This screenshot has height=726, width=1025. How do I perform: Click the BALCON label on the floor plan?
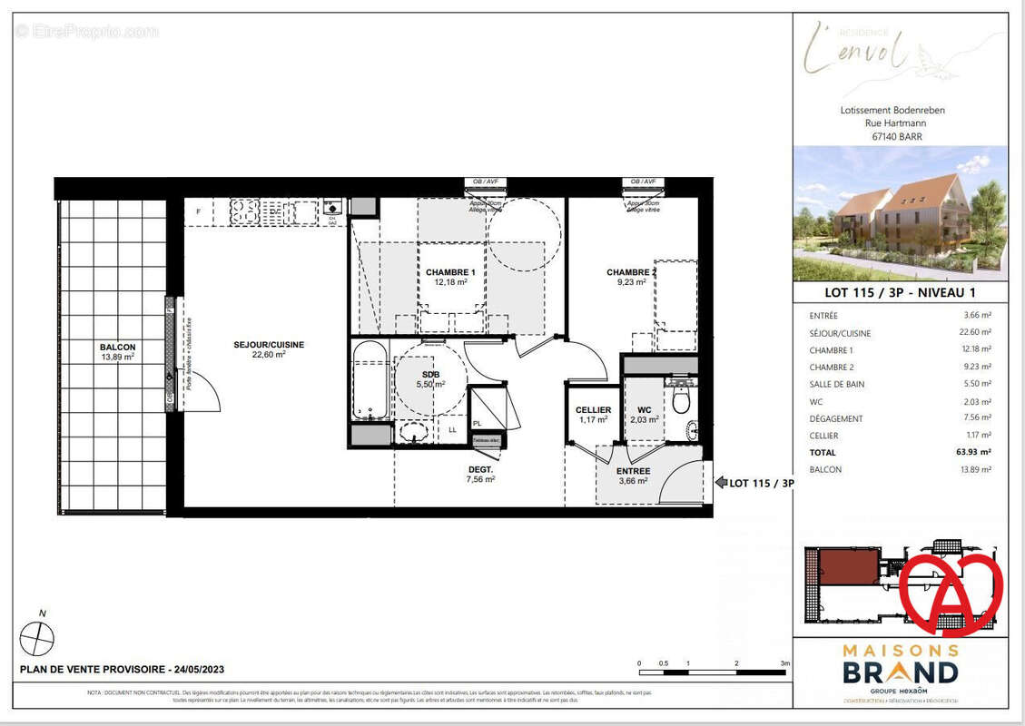click(118, 348)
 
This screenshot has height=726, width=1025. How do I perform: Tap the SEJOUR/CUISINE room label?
click(269, 345)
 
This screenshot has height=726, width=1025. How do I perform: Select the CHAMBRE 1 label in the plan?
click(450, 272)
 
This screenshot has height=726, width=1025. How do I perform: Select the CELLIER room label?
click(593, 410)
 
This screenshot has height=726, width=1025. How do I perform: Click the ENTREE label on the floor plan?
click(633, 471)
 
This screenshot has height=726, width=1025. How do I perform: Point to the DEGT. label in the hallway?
click(480, 469)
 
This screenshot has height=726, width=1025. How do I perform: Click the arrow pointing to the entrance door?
click(721, 483)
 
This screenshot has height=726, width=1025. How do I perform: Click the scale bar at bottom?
click(713, 672)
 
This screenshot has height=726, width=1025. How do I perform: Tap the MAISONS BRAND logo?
click(900, 666)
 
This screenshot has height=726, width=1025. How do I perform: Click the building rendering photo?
click(900, 213)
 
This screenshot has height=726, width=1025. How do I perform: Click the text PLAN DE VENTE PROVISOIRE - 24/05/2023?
click(122, 670)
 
